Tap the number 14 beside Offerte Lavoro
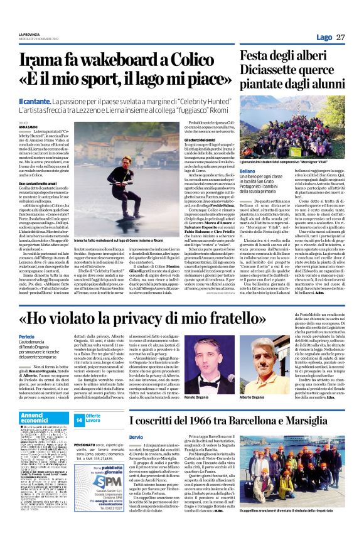79,419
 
